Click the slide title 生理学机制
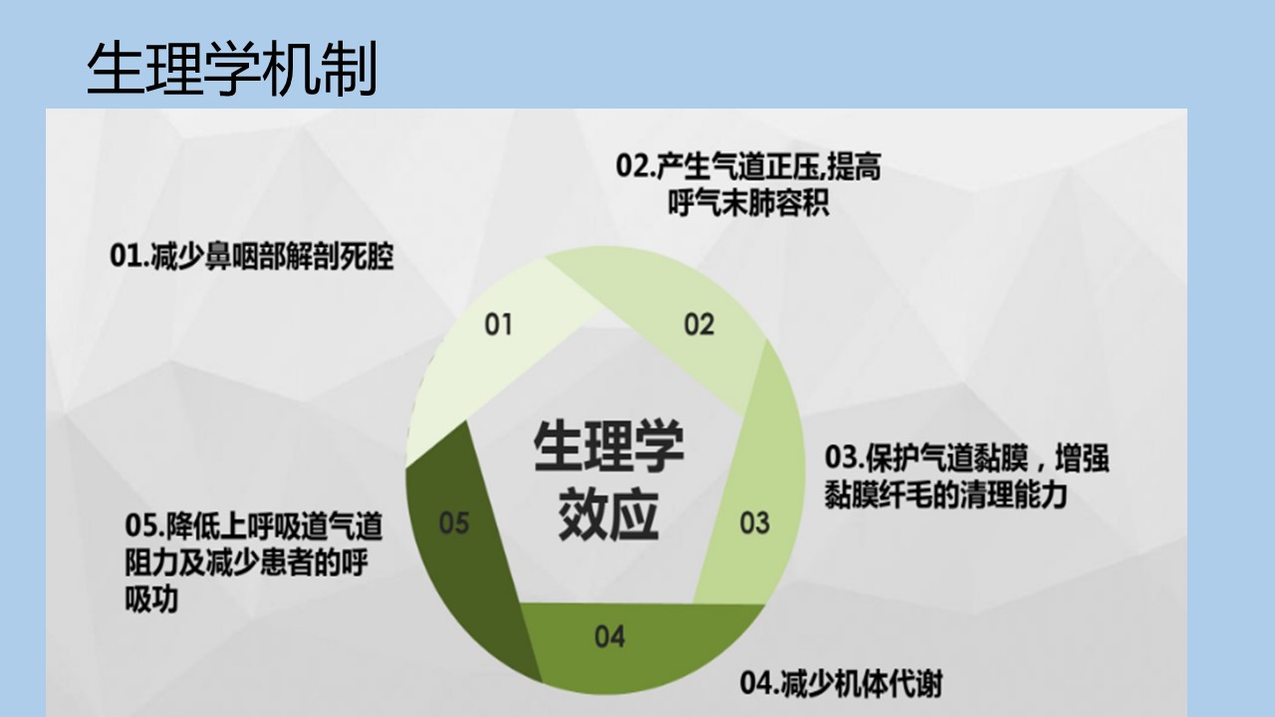[x=232, y=69]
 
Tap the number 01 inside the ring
[x=498, y=325]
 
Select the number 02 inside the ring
[x=698, y=325]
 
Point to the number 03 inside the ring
[x=754, y=523]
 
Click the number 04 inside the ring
[x=610, y=636]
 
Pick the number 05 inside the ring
[x=453, y=523]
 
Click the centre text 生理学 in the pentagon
[x=609, y=446]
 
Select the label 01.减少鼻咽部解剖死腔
[x=252, y=256]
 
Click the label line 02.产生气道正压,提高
[x=748, y=166]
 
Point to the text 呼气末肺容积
[x=748, y=202]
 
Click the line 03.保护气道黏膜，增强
[x=967, y=459]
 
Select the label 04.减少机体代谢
[x=842, y=683]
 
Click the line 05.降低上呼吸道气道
[x=254, y=526]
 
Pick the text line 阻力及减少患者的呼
[x=246, y=563]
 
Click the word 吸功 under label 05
[x=151, y=599]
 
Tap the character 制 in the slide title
[x=349, y=69]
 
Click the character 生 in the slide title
[x=115, y=69]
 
